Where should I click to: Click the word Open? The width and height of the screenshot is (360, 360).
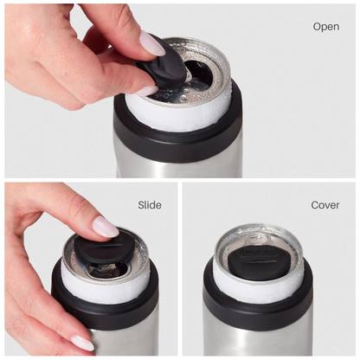325,27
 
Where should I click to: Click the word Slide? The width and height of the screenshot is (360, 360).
150,205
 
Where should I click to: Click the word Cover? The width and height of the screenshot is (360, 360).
325,205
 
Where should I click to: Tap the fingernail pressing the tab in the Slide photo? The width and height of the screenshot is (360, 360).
105,228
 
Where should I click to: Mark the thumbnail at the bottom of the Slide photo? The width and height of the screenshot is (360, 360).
83,342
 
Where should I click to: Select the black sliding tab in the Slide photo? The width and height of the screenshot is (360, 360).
100,252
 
